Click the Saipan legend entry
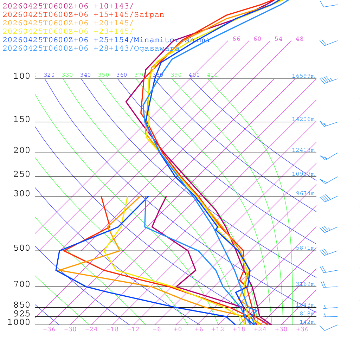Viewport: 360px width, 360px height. pos(83,15)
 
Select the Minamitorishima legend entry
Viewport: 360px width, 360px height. pos(106,40)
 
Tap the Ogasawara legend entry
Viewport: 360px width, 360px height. pos(91,49)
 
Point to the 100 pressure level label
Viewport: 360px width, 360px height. pos(22,76)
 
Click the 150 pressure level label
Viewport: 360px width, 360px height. pos(22,120)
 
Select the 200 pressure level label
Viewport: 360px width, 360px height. pos(22,150)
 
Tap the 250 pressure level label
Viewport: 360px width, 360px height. pos(22,174)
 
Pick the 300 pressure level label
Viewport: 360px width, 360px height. pos(22,194)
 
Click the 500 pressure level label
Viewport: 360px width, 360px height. pos(22,248)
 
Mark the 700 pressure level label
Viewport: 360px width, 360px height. pos(22,284)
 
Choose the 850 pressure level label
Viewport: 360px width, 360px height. pos(22,305)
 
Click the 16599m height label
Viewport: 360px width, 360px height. pos(303,76)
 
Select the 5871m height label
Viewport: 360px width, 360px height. pos(305,248)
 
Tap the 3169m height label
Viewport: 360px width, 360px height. pos(305,284)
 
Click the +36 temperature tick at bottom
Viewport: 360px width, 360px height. pos(302,329)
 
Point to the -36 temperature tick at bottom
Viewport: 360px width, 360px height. pos(49,329)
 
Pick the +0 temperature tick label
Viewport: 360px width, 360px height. pos(178,329)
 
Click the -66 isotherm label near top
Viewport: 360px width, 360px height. pos(234,39)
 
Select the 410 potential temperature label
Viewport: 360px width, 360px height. pos(212,75)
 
